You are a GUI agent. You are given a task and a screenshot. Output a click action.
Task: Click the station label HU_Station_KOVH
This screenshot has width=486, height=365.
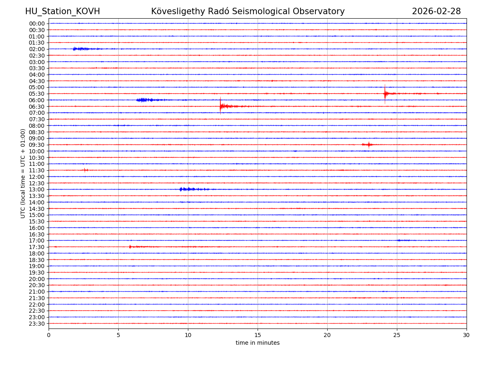click(62, 11)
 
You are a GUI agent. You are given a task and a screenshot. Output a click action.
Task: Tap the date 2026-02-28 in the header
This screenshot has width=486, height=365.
click(436, 11)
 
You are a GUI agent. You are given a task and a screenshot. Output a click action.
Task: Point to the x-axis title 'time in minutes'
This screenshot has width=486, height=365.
click(258, 343)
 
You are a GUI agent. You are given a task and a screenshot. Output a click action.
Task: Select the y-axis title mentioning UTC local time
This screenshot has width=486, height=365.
click(23, 173)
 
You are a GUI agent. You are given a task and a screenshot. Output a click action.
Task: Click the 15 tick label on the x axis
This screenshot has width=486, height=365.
click(258, 335)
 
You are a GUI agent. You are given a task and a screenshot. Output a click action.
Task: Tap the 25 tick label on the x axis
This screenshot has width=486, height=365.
click(397, 335)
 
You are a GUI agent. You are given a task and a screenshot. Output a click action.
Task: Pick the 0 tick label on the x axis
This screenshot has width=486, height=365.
click(49, 335)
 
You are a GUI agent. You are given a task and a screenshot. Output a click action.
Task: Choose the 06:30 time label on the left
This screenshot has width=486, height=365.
click(37, 106)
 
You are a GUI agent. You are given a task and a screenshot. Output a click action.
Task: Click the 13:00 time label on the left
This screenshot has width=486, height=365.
click(37, 189)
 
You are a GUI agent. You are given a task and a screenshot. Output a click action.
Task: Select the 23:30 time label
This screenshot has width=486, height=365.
click(37, 324)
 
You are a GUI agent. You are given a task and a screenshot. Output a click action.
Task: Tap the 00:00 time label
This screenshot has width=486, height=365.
click(37, 24)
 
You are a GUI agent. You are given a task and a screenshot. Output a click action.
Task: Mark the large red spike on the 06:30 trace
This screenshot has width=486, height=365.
click(220, 106)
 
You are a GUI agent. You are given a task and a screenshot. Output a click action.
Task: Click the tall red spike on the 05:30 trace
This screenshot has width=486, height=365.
click(385, 94)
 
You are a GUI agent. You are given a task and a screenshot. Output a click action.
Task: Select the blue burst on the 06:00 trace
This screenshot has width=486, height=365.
click(145, 100)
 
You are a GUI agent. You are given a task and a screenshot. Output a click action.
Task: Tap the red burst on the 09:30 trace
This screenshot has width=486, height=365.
click(368, 144)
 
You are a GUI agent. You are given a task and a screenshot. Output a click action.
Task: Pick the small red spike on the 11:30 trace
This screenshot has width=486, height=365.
click(85, 170)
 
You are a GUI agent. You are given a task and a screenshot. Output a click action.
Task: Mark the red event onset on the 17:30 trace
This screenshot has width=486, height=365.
click(130, 247)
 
